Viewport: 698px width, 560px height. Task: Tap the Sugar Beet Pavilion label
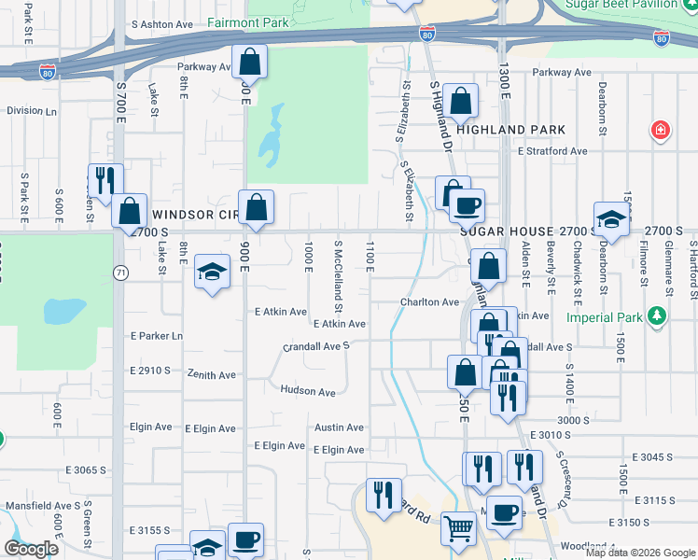click(634, 5)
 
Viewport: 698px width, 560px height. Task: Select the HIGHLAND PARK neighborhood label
click(511, 130)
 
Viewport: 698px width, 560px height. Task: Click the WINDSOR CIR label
click(189, 215)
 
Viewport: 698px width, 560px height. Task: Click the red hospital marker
click(661, 129)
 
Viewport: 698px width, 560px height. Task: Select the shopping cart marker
click(458, 529)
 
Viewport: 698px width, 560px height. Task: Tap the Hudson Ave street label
click(307, 392)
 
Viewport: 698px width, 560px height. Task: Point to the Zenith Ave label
click(211, 375)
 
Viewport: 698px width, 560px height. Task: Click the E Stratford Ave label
click(551, 150)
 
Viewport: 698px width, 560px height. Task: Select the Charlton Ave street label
click(430, 302)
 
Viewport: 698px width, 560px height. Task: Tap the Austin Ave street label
click(339, 427)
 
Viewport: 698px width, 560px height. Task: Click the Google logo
click(32, 549)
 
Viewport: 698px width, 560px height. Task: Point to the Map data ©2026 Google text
click(639, 553)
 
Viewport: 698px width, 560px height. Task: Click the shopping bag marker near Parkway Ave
click(249, 62)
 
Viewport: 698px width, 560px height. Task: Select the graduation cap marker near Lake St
click(212, 273)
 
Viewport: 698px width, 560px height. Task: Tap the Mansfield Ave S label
click(41, 506)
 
